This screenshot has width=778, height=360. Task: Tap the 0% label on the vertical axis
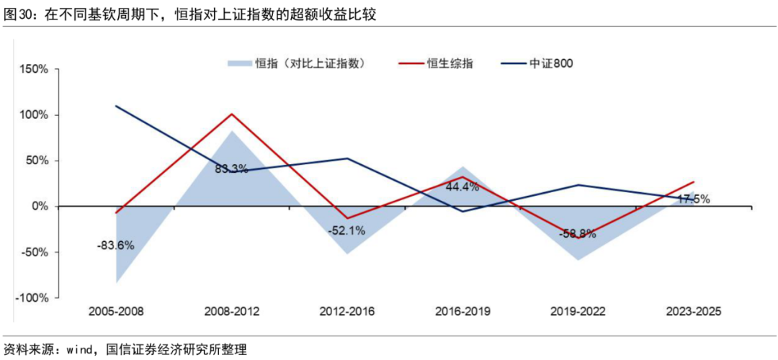pyautogui.click(x=39, y=207)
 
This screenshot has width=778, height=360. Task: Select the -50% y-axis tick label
pyautogui.click(x=34, y=253)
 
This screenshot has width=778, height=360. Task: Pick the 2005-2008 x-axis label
pyautogui.click(x=116, y=312)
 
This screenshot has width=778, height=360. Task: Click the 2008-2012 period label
pyautogui.click(x=231, y=312)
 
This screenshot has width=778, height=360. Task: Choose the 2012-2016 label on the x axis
pyautogui.click(x=346, y=312)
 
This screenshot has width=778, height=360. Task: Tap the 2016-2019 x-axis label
pyautogui.click(x=462, y=312)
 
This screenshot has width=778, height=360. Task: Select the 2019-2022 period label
pyautogui.click(x=578, y=312)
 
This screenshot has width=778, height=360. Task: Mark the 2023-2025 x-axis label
pyautogui.click(x=693, y=312)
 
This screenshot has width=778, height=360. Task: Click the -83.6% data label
pyautogui.click(x=115, y=245)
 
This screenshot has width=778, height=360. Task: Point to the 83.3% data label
pyautogui.click(x=231, y=169)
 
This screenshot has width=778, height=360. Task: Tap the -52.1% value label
pyautogui.click(x=346, y=231)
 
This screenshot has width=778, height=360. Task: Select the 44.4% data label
pyautogui.click(x=462, y=186)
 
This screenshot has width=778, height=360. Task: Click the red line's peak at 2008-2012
pyautogui.click(x=231, y=114)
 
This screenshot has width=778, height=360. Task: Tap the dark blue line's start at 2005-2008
pyautogui.click(x=116, y=106)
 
